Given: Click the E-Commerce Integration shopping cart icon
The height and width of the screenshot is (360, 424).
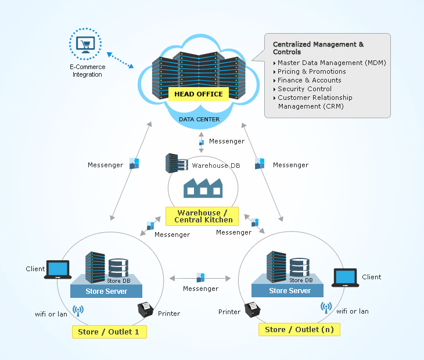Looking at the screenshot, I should [85, 44].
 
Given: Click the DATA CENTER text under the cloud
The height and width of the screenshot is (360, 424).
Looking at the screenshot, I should [199, 120].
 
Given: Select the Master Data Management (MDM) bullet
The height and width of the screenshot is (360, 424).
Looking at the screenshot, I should [331, 63].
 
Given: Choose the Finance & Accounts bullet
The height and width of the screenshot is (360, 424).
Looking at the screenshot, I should [309, 80].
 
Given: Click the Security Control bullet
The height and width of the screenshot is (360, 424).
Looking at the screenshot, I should [304, 89].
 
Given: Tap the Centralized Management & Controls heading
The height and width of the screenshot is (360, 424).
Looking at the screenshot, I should [318, 48].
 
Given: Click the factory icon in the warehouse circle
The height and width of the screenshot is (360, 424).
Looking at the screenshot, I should [203, 189].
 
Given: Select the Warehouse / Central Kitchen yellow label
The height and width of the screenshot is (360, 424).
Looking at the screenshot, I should [202, 216].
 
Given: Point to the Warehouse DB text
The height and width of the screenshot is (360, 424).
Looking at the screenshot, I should [216, 165].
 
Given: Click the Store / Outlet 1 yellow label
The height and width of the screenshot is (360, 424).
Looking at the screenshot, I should [109, 332].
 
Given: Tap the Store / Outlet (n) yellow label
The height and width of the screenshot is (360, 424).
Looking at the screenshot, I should [299, 329].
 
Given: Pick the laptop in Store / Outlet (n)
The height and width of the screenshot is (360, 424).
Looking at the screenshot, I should [345, 278].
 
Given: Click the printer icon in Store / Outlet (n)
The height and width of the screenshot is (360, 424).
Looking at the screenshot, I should [252, 309].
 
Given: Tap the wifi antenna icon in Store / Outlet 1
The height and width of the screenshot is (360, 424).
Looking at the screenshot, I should [77, 311].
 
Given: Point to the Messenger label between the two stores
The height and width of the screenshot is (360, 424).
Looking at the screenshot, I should [200, 289].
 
